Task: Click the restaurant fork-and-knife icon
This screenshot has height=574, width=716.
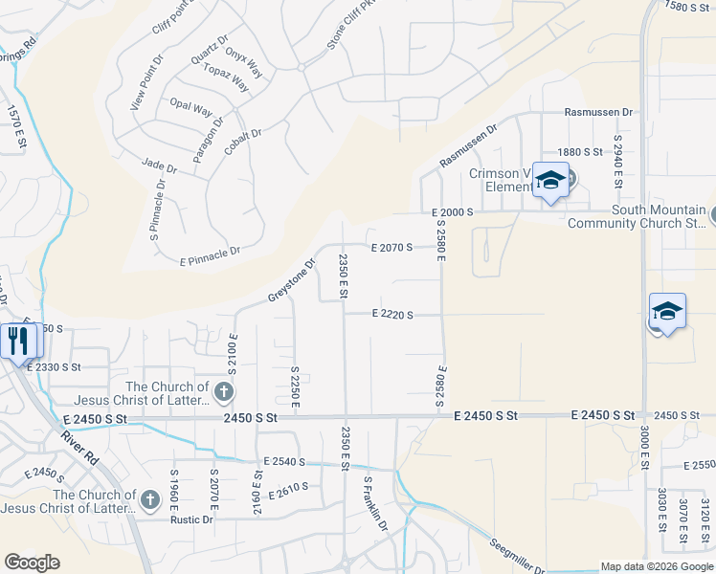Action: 18,341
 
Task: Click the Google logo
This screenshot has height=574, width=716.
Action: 32,563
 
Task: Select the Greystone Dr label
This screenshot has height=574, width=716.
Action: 291,279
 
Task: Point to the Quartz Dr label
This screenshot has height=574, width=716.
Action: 210,51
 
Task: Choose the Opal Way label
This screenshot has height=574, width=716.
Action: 190,107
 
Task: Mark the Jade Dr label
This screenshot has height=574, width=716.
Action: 160,166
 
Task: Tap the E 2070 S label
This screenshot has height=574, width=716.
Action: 392,247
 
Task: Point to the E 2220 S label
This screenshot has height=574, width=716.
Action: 392,314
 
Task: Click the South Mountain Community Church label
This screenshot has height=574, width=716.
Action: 637,217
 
